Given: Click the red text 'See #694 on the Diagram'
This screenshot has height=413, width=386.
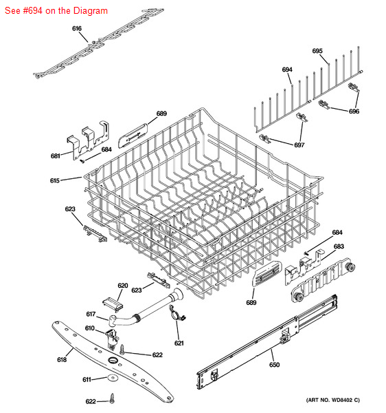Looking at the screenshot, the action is pos(56,11).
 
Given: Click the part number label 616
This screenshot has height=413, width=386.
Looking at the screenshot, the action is pos(77,28).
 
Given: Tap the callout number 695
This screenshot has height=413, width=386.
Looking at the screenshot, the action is pos(317,51).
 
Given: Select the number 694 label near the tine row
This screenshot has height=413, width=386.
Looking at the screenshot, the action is pos(287,70).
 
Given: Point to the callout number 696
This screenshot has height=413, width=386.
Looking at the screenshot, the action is pos(354,112).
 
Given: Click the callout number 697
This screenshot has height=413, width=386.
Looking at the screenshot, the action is pos(299,145).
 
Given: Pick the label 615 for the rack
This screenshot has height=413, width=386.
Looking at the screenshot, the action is pos(55,180).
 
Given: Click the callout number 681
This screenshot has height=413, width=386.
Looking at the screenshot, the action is pos(55,156).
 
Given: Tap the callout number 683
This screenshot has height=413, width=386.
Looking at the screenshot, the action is pos(339,246).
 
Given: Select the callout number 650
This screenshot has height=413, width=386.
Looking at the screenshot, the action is pos(274,365).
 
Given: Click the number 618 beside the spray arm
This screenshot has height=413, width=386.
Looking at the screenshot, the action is pos(62,359).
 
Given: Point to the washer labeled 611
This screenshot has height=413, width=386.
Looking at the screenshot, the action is pos(113,378).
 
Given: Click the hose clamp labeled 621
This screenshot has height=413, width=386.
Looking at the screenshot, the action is pos(177,313).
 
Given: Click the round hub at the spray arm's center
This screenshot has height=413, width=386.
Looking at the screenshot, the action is pos(113,360).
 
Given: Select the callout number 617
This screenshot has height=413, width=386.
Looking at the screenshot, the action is pos(91,314).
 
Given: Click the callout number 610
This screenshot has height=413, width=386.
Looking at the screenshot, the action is pos(89,328).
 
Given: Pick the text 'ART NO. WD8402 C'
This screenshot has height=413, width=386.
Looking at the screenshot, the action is pos(332,400).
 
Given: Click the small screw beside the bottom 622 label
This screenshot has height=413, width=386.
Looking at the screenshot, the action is pos(113,399).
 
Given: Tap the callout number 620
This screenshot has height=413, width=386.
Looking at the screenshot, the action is pos(123,286).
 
